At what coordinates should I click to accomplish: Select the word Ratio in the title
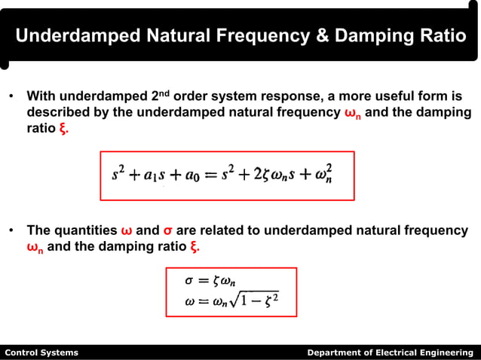[x=442, y=35]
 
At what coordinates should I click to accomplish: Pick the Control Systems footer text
[x=41, y=352]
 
